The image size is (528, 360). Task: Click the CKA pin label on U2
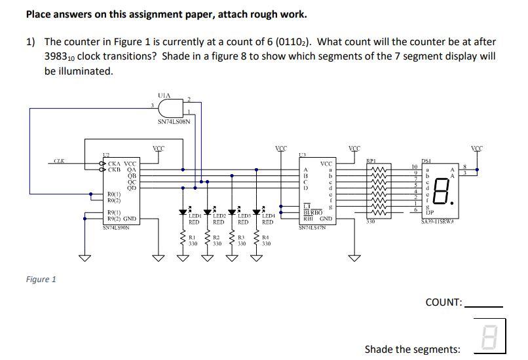(x=115, y=164)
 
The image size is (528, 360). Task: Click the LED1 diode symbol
(x=183, y=211)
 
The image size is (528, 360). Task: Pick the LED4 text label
(x=267, y=215)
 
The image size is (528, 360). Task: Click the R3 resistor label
(x=241, y=237)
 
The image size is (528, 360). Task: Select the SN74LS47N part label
(x=312, y=227)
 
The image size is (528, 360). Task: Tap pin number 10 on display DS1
(x=413, y=167)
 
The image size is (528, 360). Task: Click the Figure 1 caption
(x=41, y=279)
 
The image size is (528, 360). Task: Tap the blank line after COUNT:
(x=483, y=305)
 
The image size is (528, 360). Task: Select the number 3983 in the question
(x=58, y=56)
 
